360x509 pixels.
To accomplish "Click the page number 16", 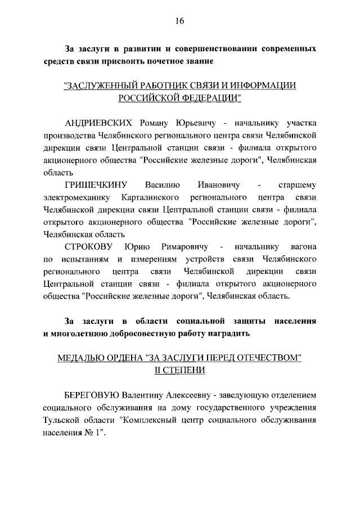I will [x=179, y=21].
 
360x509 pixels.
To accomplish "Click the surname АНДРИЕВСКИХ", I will [x=98, y=123].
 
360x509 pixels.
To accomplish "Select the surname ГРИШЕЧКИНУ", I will [x=97, y=185].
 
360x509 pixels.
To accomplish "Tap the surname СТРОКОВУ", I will [x=91, y=247].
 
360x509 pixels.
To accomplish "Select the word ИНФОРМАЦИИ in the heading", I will [x=265, y=86].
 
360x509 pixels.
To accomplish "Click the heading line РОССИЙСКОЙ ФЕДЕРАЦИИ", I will [x=179, y=98].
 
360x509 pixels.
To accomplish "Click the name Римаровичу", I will [x=185, y=247].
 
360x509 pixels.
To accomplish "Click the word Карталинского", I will [x=150, y=197].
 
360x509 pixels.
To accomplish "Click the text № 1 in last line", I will [x=94, y=433].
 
